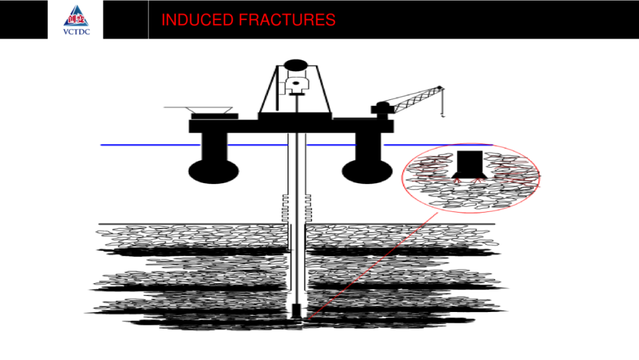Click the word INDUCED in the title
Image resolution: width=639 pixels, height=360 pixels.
click(197, 20)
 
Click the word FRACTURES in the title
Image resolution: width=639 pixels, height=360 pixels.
click(287, 20)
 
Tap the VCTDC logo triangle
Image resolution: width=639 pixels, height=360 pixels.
click(76, 16)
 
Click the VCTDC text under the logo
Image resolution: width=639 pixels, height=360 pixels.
click(76, 32)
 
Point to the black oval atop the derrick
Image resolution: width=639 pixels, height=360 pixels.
click(296, 65)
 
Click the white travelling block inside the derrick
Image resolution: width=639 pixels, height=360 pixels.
click(296, 85)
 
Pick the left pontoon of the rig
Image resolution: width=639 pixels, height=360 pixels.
click(214, 171)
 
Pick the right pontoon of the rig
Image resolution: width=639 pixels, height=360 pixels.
click(367, 171)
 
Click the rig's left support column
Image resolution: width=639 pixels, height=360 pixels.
click(214, 146)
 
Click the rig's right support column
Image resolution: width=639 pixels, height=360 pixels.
click(369, 146)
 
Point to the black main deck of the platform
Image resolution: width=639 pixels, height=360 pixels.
click(291, 126)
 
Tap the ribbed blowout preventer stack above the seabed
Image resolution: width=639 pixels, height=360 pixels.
click(296, 208)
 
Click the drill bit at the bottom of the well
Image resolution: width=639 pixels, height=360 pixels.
click(296, 311)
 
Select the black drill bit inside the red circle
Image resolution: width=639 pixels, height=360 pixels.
click(469, 165)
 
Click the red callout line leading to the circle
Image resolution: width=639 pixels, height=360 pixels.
click(372, 266)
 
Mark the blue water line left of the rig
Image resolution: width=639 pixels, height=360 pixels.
click(150, 144)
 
